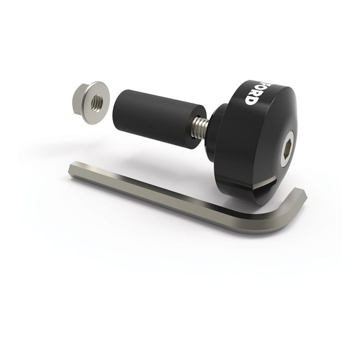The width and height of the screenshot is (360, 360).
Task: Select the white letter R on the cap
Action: click(251, 89)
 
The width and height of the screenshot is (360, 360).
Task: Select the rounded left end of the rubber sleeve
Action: click(118, 103)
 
